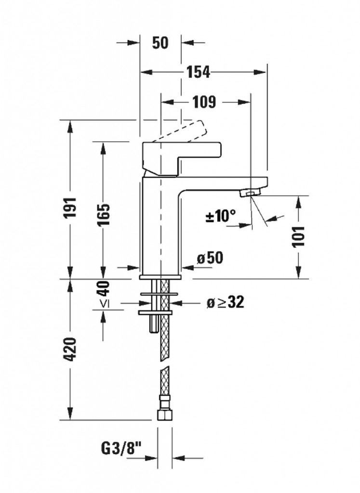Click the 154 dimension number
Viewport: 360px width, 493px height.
click(198, 72)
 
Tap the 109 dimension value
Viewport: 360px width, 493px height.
click(204, 102)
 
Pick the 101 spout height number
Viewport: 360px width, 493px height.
click(298, 236)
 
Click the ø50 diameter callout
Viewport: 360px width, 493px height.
click(210, 258)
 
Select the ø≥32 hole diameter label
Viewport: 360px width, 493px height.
click(226, 302)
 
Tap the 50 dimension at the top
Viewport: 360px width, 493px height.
click(160, 42)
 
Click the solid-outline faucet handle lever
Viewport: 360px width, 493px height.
click(182, 158)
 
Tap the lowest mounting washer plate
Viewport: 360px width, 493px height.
click(156, 312)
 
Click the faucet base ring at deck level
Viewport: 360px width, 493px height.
click(160, 277)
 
